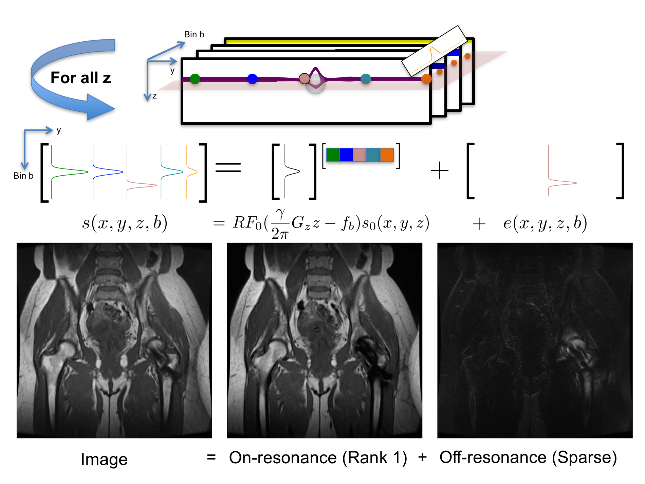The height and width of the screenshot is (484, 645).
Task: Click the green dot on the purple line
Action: tap(195, 79)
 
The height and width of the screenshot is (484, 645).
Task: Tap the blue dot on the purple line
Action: tap(252, 79)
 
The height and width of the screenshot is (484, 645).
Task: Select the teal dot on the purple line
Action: tap(366, 79)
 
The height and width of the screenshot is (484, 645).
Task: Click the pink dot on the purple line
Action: tap(304, 78)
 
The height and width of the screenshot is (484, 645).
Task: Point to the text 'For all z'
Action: tap(81, 78)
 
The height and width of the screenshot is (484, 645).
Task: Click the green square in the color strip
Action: tap(333, 155)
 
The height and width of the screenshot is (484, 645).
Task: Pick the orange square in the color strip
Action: tap(387, 155)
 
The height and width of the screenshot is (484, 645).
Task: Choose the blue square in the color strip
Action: tap(346, 155)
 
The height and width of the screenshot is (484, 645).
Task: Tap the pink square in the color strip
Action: tap(360, 155)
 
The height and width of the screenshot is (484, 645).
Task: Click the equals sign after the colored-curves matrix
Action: tap(228, 167)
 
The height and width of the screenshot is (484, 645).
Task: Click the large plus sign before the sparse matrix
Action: tap(439, 170)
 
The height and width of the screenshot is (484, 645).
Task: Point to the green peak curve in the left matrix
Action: tap(68, 172)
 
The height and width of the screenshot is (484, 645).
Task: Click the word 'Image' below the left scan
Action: tap(104, 460)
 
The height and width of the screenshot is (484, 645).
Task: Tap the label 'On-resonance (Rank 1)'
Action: tap(318, 458)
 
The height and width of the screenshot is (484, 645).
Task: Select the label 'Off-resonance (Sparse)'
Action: tap(528, 458)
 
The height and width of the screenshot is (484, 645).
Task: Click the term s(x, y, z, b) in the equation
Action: tap(125, 223)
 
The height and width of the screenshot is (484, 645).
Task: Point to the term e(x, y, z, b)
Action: tap(545, 223)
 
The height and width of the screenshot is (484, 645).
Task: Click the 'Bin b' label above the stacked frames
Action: tap(194, 34)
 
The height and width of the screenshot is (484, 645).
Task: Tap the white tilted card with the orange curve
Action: tap(435, 50)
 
